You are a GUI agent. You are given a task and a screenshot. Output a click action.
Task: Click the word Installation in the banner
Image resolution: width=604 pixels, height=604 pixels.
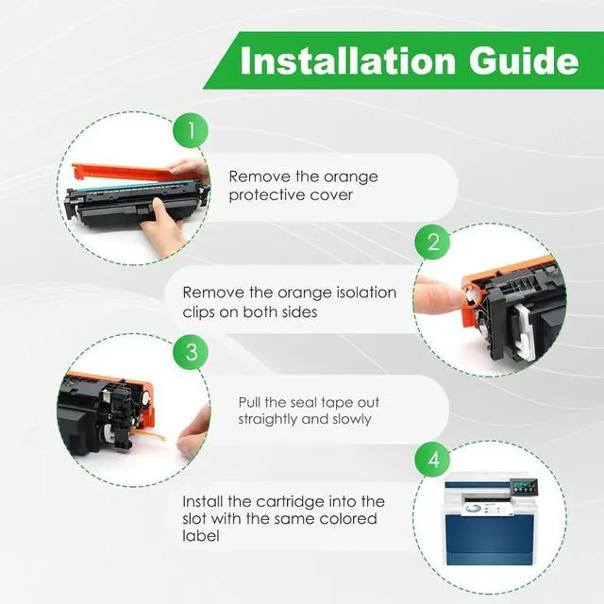[x=348, y=61]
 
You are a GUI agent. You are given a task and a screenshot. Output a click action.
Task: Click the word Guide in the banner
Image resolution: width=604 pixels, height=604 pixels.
[x=524, y=61]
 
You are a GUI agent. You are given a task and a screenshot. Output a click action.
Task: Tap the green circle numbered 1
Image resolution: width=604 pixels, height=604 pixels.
[x=191, y=130]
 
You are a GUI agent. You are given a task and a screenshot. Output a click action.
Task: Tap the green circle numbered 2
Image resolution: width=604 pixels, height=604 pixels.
[x=432, y=242]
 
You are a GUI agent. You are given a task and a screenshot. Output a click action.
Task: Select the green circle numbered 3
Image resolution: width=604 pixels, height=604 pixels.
[x=191, y=352]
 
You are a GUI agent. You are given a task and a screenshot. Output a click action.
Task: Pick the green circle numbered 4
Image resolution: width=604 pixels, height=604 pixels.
[x=432, y=460]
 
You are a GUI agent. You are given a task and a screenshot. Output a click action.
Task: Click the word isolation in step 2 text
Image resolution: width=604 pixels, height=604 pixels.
[x=366, y=293]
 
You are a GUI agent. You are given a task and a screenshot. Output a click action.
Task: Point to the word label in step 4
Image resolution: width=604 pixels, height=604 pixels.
[x=201, y=535]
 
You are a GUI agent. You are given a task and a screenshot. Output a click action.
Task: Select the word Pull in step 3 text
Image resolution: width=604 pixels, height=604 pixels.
[x=249, y=403]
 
